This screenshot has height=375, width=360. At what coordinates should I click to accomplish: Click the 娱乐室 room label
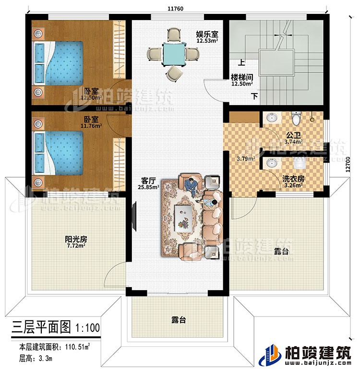coord(207,35)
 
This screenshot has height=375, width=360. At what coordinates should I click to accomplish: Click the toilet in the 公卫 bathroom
coord(296,117)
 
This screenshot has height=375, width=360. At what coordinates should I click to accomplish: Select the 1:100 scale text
coord(87,329)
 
